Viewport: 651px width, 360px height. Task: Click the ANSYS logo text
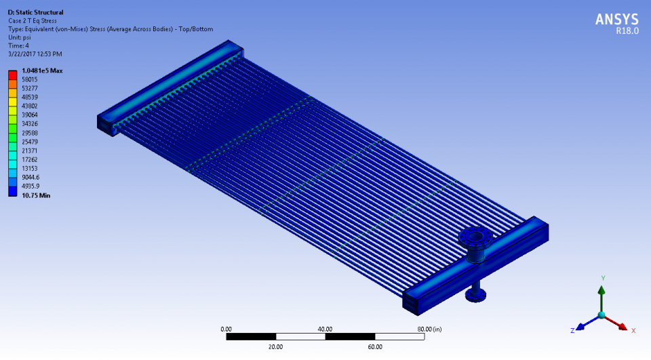click(x=616, y=20)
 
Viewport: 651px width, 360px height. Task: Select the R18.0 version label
click(x=627, y=31)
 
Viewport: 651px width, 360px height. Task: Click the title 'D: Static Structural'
click(x=36, y=12)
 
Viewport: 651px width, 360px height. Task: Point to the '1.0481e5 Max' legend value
click(x=42, y=71)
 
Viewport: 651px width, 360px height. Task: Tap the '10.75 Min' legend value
click(x=36, y=195)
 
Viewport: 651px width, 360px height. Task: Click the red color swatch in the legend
click(x=12, y=75)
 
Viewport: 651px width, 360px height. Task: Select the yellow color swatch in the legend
click(x=12, y=102)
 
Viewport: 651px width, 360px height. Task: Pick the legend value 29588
click(x=29, y=133)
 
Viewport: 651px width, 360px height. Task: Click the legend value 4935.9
click(x=31, y=186)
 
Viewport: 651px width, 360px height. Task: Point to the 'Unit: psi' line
click(x=20, y=37)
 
